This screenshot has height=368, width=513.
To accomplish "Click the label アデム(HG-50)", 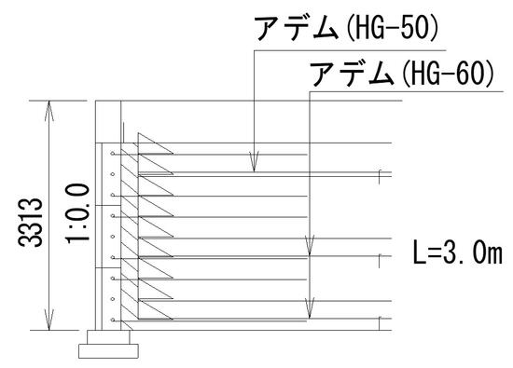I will click(x=346, y=30).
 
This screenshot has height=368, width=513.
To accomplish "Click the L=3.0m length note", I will click(x=456, y=251).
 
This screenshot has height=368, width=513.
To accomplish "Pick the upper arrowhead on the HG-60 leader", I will click(x=309, y=249).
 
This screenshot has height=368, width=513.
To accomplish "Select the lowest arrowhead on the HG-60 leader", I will click(x=309, y=310).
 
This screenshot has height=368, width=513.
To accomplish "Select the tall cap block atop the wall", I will click(x=106, y=122).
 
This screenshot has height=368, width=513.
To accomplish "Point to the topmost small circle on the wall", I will click(x=112, y=153).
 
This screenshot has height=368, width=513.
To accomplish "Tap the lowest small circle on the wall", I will click(x=112, y=321).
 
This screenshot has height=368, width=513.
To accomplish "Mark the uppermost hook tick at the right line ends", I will click(x=380, y=174).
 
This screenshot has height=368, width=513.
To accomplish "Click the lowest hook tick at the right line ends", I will click(x=380, y=323).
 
